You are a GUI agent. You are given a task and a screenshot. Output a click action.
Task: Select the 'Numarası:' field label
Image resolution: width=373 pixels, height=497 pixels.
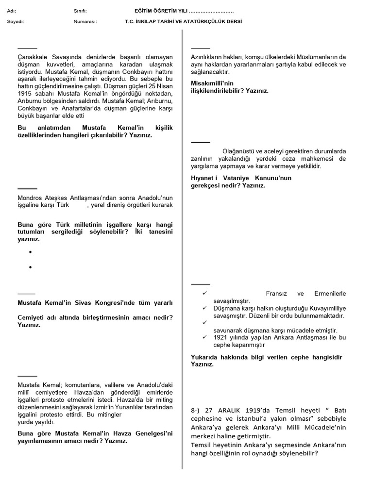tap(85, 22)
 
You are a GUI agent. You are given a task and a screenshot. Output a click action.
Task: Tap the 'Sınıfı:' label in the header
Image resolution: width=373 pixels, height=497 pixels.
tap(80, 11)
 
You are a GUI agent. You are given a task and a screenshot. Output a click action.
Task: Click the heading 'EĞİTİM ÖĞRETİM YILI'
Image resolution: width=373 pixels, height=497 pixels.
tap(161, 11)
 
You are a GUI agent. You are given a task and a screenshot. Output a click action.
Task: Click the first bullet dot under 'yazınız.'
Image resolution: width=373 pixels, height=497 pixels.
tap(30, 252)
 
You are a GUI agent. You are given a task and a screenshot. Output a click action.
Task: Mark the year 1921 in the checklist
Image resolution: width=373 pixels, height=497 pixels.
tap(222, 337)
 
